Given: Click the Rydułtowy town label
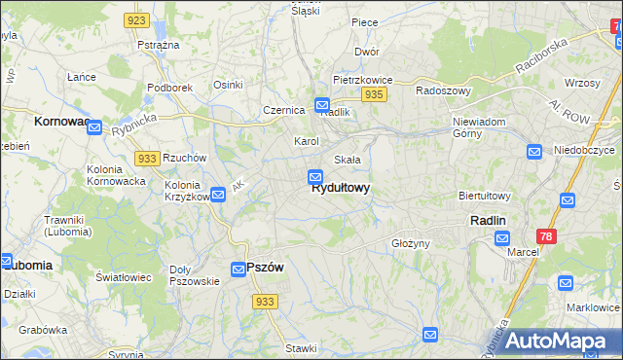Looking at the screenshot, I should [340, 189].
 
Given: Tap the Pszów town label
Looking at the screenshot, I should [265, 269].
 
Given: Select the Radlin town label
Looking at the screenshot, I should [488, 221].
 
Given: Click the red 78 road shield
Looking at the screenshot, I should [547, 236].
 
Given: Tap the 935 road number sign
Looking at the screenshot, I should [375, 94].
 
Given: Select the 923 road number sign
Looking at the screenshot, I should [136, 20].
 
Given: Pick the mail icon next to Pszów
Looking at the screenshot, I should [238, 270].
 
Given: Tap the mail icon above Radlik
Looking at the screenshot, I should [322, 104].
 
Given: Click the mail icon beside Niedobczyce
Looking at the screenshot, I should [533, 151].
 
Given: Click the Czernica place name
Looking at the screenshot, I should [283, 110].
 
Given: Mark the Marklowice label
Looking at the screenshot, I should [593, 307].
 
